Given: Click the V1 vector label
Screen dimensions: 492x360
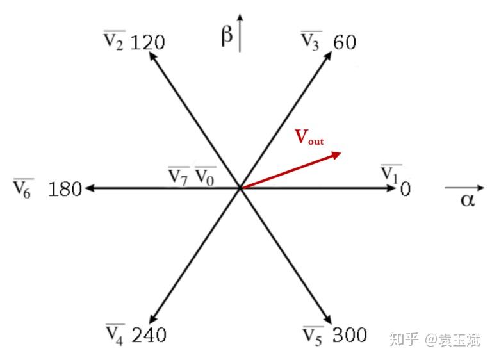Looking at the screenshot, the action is pyautogui.click(x=391, y=173).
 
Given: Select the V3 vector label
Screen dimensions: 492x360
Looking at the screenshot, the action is pyautogui.click(x=311, y=42).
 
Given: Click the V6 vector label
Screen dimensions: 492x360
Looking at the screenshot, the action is pyautogui.click(x=22, y=189).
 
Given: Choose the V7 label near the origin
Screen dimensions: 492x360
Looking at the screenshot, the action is pyautogui.click(x=179, y=176).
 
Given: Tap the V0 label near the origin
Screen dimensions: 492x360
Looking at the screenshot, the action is pyautogui.click(x=205, y=176).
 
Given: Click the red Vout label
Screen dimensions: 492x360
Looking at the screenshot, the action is pyautogui.click(x=309, y=137).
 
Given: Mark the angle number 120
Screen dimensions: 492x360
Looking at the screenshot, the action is pyautogui.click(x=147, y=43).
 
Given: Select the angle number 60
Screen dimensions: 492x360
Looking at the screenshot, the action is pyautogui.click(x=345, y=43).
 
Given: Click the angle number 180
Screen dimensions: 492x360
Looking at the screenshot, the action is pyautogui.click(x=65, y=190).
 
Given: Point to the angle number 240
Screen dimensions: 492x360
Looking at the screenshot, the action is pyautogui.click(x=149, y=334).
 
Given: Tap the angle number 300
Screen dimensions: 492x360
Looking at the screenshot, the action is pyautogui.click(x=349, y=334).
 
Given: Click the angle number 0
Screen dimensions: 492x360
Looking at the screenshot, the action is pyautogui.click(x=405, y=190).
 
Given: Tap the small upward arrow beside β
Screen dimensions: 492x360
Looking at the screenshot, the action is pyautogui.click(x=240, y=32).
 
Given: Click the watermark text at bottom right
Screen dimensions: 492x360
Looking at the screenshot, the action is pyautogui.click(x=435, y=340).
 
